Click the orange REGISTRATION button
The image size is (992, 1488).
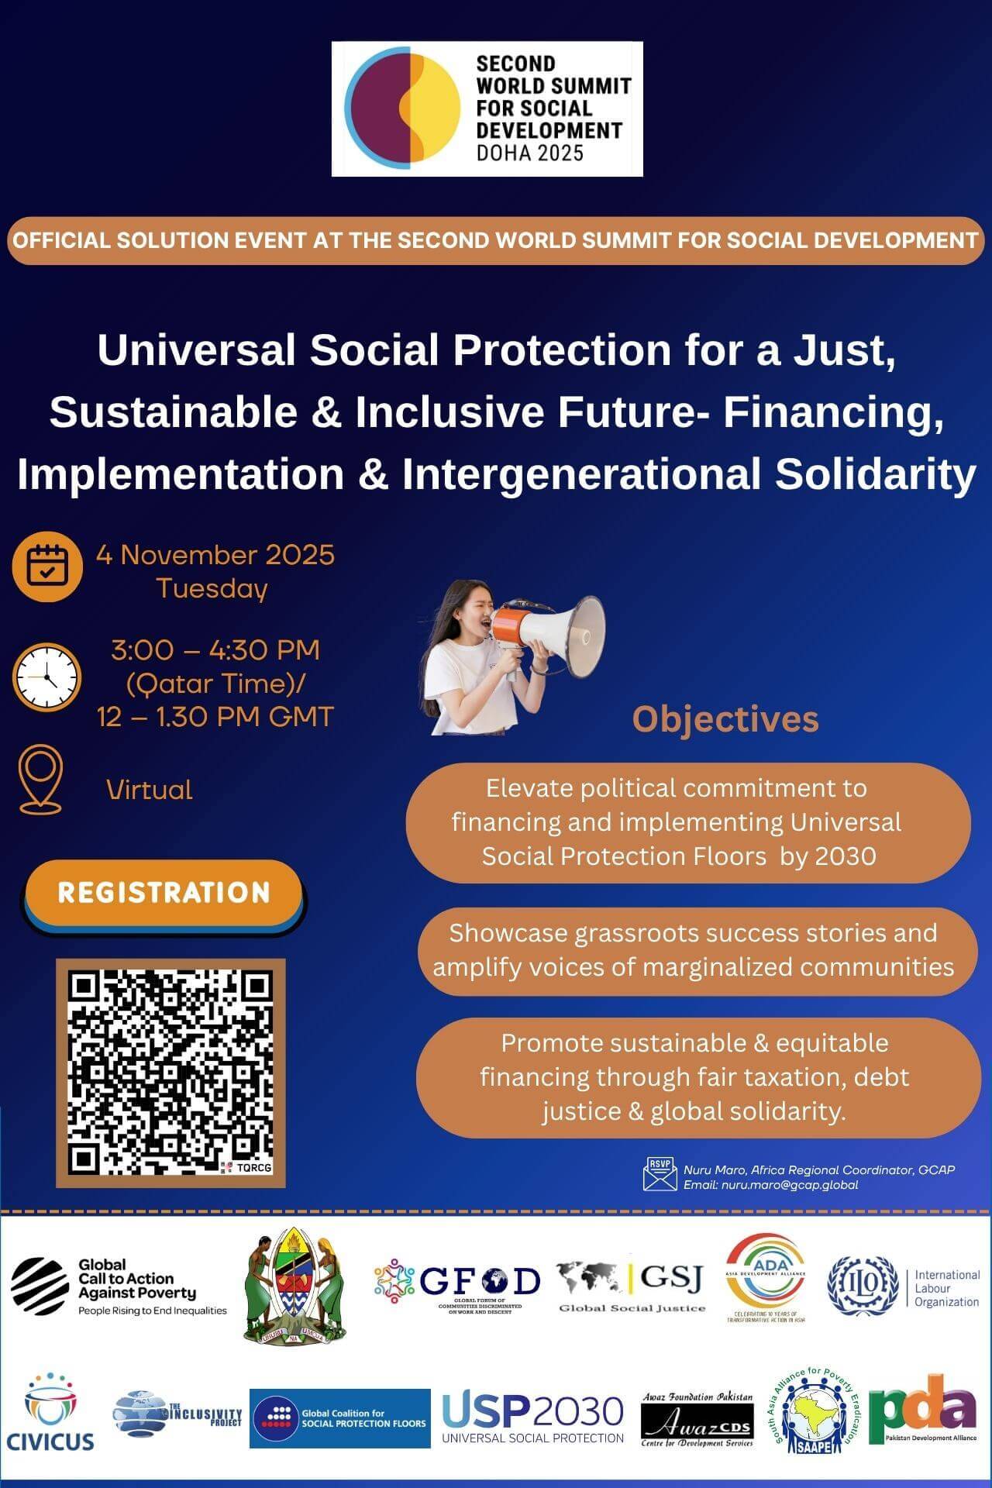pos(164,892)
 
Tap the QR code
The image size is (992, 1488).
pos(170,1073)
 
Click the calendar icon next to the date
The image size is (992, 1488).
pos(46,567)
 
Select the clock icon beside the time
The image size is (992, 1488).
pos(46,677)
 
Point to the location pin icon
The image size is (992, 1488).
pos(40,779)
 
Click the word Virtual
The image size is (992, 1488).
pos(149,790)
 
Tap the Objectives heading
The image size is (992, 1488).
pos(725,718)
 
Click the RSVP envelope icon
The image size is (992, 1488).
pos(660,1174)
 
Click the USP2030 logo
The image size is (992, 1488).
pos(532,1417)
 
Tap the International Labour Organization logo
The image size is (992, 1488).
pos(903,1287)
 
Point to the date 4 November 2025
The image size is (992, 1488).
pos(215,555)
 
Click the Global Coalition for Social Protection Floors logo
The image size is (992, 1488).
pos(339,1418)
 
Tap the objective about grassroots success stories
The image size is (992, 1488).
pos(693,950)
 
